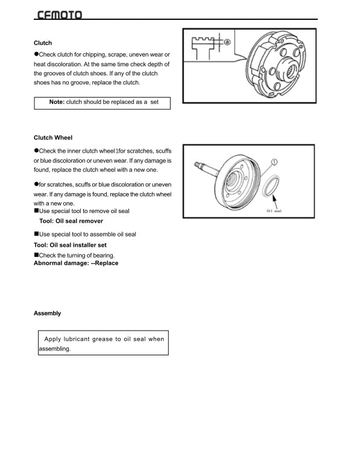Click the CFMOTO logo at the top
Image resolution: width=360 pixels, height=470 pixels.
click(x=59, y=14)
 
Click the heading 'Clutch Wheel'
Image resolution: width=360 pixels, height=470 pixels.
click(x=53, y=138)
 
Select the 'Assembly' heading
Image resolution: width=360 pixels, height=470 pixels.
click(x=47, y=313)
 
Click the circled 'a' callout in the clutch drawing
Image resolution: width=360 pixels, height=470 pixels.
click(x=227, y=42)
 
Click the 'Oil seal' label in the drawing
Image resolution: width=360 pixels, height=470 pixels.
click(x=274, y=212)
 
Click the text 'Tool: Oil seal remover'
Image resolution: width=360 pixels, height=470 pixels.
click(x=71, y=221)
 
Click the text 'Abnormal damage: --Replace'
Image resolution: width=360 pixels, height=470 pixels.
click(x=76, y=263)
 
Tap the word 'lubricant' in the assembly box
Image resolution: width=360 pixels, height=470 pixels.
click(x=86, y=339)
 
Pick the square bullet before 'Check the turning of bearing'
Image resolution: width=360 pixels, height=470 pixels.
click(x=36, y=255)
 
